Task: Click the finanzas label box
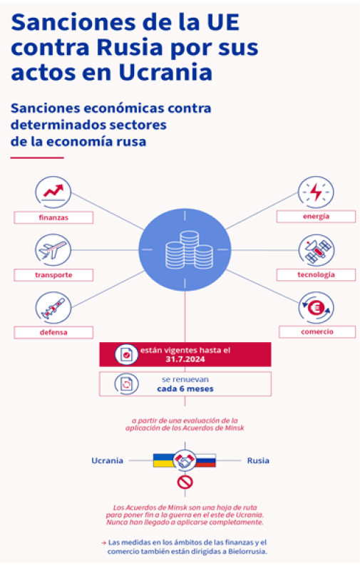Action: pyautogui.click(x=53, y=217)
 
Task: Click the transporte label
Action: pyautogui.click(x=53, y=275)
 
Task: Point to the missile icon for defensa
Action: pyautogui.click(x=53, y=307)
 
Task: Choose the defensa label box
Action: pyautogui.click(x=53, y=332)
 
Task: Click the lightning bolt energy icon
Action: pyautogui.click(x=316, y=192)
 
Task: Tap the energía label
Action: pyautogui.click(x=316, y=217)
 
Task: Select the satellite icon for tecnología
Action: pyautogui.click(x=317, y=250)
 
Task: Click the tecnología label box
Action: pyautogui.click(x=316, y=275)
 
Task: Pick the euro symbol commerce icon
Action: pyautogui.click(x=317, y=307)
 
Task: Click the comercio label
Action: pyautogui.click(x=317, y=331)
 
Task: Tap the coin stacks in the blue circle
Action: pyautogui.click(x=190, y=250)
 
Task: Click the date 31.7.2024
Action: pyautogui.click(x=185, y=359)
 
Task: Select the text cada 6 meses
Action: pyautogui.click(x=185, y=389)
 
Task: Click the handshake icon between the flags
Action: pyautogui.click(x=185, y=460)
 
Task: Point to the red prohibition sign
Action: pyautogui.click(x=185, y=483)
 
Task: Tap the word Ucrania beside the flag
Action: pyautogui.click(x=107, y=460)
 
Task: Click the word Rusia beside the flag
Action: pyautogui.click(x=258, y=460)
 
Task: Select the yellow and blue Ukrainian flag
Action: pyautogui.click(x=164, y=460)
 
